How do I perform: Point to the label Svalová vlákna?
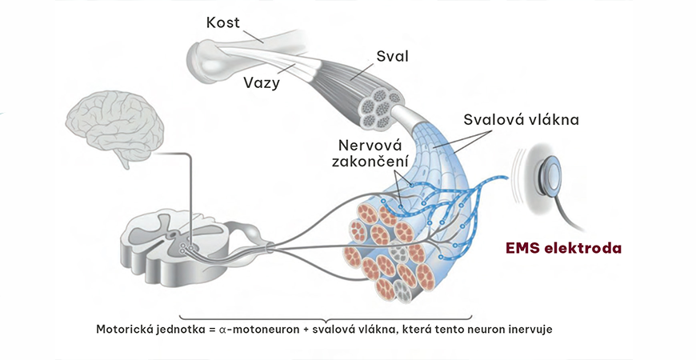[x=521, y=120]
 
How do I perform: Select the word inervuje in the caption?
[x=524, y=329]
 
